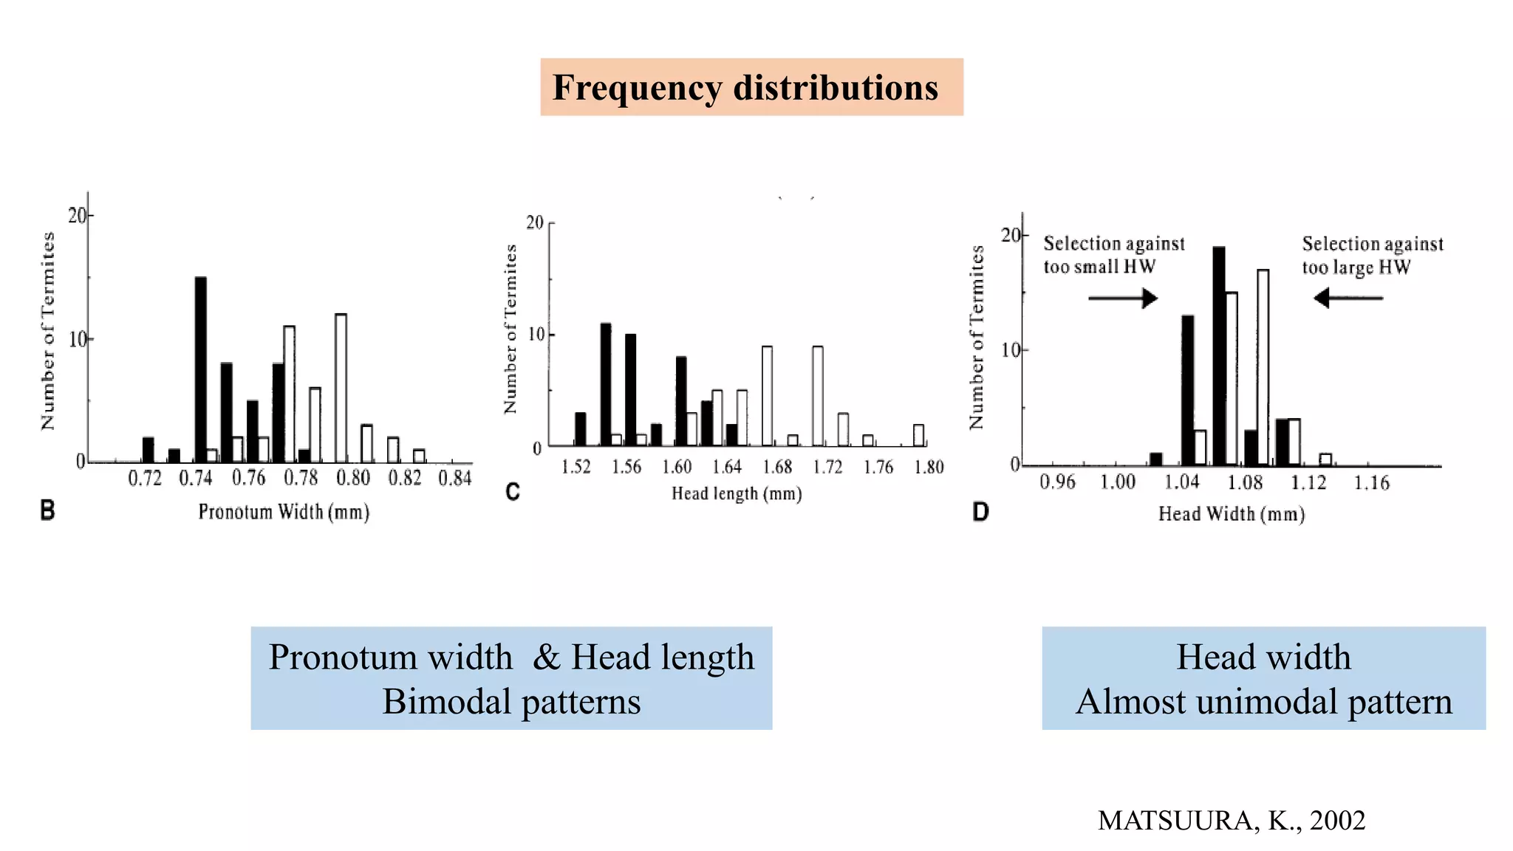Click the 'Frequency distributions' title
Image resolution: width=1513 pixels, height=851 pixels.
coord(745,88)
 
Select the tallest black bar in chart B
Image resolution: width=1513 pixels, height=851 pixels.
coord(200,369)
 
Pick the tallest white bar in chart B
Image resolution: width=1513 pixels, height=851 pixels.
coord(341,388)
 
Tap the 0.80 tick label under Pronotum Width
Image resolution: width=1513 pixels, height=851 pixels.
coord(353,479)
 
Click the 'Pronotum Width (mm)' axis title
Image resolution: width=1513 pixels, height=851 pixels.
coord(284,512)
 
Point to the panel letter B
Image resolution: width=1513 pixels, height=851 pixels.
coord(47,510)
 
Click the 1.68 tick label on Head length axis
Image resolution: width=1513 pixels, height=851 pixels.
coord(777,467)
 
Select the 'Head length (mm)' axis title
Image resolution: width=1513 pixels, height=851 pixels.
coord(737,493)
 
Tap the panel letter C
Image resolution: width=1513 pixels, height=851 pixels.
coord(513,492)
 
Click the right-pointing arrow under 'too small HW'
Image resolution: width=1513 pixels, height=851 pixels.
coord(1123,298)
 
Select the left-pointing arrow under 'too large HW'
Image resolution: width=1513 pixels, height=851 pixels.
coord(1348,298)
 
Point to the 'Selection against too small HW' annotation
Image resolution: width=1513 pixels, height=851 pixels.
coord(1113,255)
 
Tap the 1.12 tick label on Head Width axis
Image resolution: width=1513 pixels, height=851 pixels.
coord(1308,483)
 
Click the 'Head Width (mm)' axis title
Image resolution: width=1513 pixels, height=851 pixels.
coord(1232,514)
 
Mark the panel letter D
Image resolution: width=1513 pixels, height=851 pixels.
coord(980,512)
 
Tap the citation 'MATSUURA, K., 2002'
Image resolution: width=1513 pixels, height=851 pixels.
coord(1232,821)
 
